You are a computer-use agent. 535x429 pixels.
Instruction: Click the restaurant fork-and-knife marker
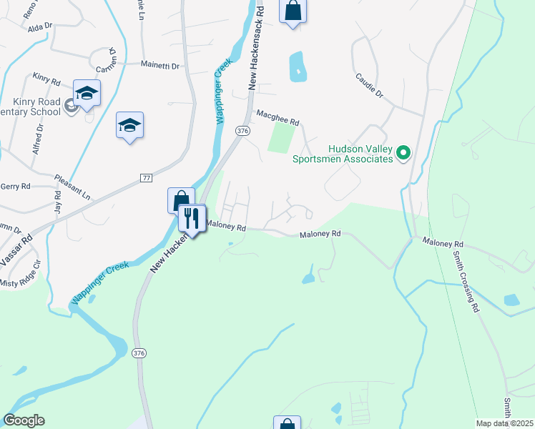191,217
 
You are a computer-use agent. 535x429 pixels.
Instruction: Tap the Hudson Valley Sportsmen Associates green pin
403,152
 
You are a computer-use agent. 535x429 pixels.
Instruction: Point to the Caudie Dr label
369,85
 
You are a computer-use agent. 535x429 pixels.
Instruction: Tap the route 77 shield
146,177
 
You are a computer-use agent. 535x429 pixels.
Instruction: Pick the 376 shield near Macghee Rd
243,130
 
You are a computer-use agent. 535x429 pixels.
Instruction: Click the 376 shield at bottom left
140,352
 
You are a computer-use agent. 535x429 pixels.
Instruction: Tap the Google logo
24,420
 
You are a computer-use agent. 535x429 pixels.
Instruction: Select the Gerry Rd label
16,186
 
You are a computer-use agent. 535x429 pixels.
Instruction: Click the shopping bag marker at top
293,11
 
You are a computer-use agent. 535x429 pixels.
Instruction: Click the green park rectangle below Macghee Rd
281,137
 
